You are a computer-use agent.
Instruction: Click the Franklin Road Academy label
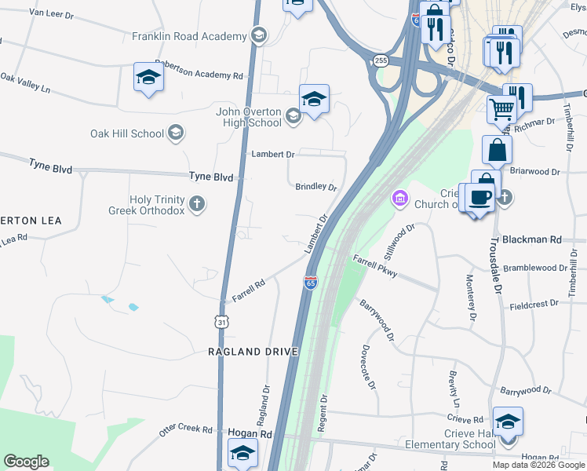coord(188,36)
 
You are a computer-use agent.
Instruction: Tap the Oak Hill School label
coord(127,133)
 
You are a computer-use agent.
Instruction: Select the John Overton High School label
coord(249,117)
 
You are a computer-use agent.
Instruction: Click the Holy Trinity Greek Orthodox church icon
coord(197,205)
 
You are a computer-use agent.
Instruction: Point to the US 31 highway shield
coord(223,322)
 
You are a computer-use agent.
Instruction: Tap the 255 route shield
coord(381,60)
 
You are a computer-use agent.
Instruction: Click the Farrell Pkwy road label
coord(375,265)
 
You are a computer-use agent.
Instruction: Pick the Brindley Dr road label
coord(315,187)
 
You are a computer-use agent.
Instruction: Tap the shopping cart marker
coord(502,109)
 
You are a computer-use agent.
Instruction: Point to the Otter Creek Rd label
coord(185,429)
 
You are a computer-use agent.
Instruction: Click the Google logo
coord(26,462)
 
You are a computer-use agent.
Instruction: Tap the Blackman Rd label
coord(533,239)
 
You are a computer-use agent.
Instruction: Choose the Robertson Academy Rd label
coord(199,70)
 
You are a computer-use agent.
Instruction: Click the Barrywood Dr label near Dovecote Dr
coord(377,320)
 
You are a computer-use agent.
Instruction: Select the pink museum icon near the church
coord(400,197)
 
